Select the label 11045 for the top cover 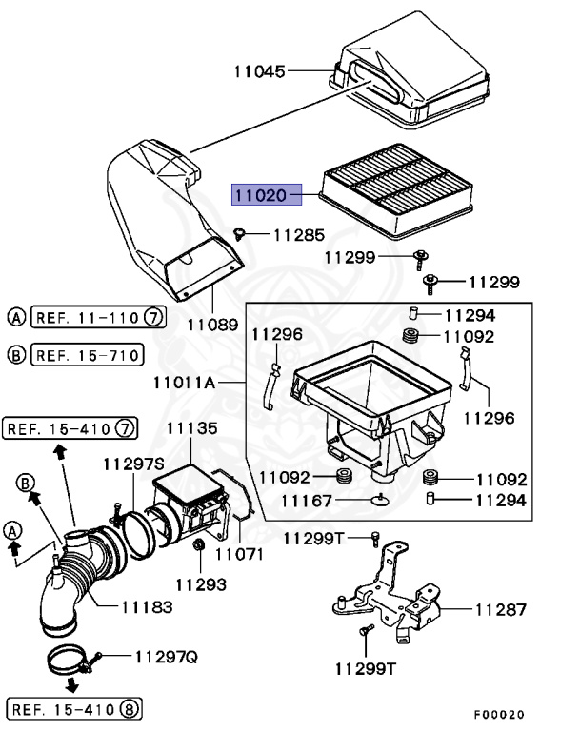(260, 70)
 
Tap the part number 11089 (211, 325)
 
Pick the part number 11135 (193, 429)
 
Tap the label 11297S (133, 464)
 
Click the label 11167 (306, 502)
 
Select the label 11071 (238, 553)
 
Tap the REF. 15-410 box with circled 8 (73, 708)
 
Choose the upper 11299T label (313, 539)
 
